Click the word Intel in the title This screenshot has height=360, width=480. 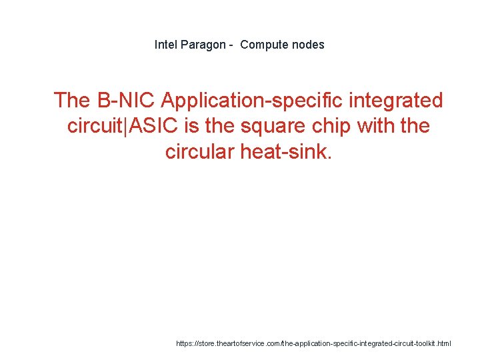[x=166, y=45]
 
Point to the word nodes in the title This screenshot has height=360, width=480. [x=309, y=45]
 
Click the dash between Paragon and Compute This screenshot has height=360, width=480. [x=231, y=45]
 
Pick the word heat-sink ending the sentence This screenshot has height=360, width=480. [x=290, y=151]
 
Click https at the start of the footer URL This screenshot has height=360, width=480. [x=185, y=343]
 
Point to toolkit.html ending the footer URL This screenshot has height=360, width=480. [x=435, y=343]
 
